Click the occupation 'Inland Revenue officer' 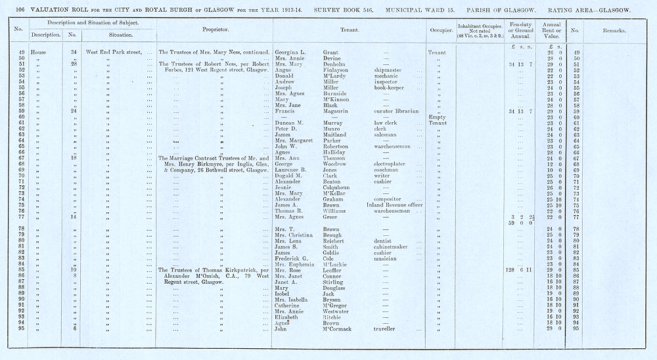399,205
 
